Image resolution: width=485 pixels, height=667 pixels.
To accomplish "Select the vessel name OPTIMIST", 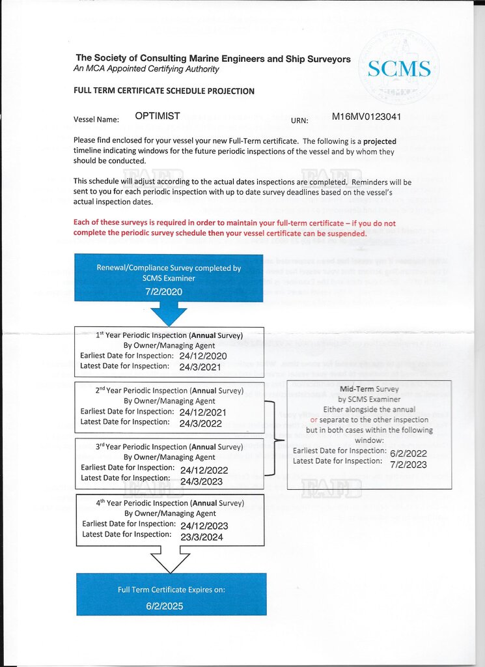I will pos(158,116).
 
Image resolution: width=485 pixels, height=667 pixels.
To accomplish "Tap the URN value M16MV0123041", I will pos(367,117).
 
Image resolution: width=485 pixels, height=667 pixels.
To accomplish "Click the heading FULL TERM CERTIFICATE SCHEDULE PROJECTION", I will pos(164,91).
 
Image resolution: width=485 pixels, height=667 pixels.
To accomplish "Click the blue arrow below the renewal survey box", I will pos(169,313).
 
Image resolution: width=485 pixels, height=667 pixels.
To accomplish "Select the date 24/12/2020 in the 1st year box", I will pos(203,356).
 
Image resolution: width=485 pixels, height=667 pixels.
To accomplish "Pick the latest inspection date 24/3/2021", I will pos(200,367).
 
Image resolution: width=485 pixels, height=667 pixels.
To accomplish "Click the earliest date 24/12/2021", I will pos(203,412).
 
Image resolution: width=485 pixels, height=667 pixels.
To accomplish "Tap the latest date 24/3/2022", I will pos(200,423).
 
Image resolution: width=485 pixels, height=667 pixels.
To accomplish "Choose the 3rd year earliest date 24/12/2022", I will pos(204,470).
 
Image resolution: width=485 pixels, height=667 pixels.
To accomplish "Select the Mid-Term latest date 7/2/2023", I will pos(408,464).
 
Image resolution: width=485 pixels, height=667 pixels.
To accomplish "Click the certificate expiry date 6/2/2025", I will pos(165,606).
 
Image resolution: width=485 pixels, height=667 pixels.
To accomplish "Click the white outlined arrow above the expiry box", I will pos(171,560).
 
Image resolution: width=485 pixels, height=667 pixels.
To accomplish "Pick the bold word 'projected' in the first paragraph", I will pos(380,141).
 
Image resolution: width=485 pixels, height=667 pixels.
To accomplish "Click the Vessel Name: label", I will pos(96,119).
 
